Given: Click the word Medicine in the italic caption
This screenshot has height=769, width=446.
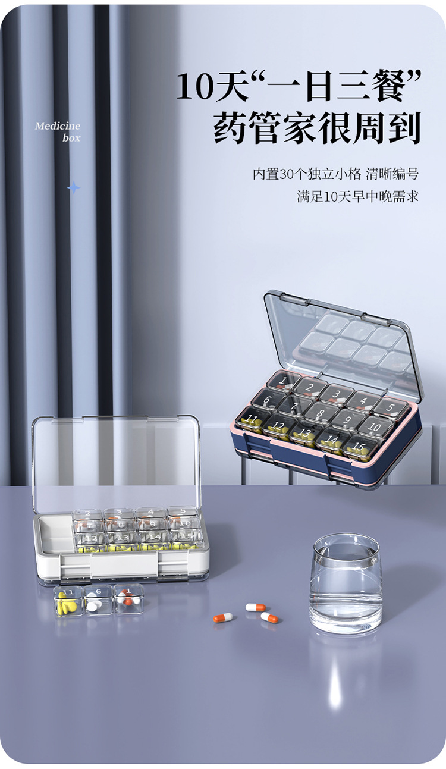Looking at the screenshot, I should pos(57,126).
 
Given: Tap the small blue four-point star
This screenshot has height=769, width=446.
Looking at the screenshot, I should pos(73,188).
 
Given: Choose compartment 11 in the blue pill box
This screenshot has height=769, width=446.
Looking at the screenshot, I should pos(251,419).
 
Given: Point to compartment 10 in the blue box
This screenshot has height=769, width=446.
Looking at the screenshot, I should pos(373,426).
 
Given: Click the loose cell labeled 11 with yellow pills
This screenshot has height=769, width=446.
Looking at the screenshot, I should pos(68,601).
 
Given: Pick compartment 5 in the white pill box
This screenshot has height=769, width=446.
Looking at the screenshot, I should pos(182,511).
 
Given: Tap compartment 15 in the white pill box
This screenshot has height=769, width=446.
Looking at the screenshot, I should pos(184,537).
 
